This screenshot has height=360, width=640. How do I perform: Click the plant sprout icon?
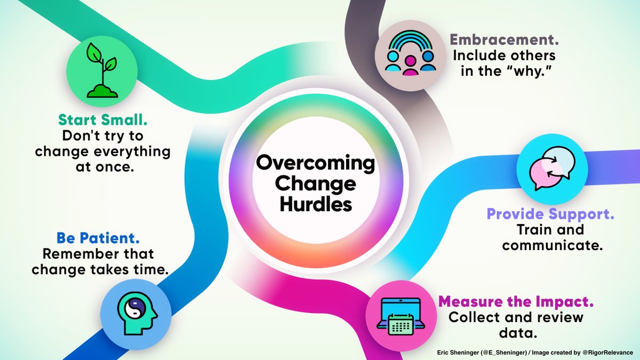point(102,71)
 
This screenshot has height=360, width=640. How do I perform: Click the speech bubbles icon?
point(552,169)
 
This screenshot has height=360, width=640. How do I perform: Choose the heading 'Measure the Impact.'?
point(516,301)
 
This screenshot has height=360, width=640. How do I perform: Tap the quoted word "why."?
point(530,71)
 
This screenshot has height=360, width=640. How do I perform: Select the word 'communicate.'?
point(550,246)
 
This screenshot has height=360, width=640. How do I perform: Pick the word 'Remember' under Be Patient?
point(69,254)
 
